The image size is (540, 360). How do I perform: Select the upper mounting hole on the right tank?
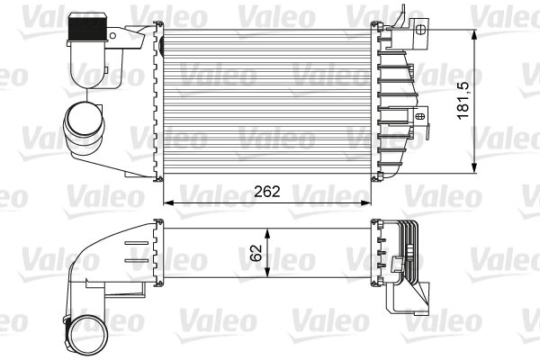pyautogui.click(x=421, y=28)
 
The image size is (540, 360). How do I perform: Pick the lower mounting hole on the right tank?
pyautogui.click(x=421, y=115)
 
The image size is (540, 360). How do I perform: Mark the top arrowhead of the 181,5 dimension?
pyautogui.click(x=474, y=33)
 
